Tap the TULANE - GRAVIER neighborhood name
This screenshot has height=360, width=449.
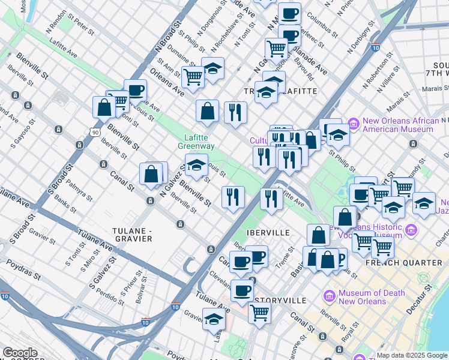(x=132, y=234)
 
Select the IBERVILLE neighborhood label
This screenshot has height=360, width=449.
(x=268, y=232)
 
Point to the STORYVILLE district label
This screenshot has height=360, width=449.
(x=280, y=300)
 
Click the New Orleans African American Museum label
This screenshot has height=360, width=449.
(x=400, y=125)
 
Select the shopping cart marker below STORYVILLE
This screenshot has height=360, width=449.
(x=259, y=312)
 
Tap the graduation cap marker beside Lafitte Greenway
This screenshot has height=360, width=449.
(x=196, y=165)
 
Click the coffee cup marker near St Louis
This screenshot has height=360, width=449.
(x=136, y=90)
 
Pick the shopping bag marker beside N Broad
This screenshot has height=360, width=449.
(x=104, y=107)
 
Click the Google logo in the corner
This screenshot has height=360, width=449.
(x=20, y=353)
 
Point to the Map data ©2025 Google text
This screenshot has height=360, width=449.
(x=412, y=355)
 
